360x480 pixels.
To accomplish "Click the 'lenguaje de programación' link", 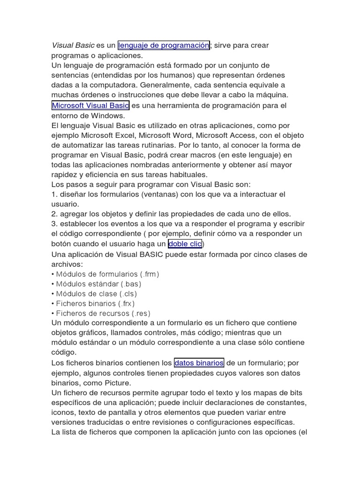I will coord(164,45).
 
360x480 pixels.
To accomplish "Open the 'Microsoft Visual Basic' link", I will coord(90,105).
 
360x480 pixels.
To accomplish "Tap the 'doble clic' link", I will coord(185,244).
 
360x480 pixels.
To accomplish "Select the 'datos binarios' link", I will coord(199,363).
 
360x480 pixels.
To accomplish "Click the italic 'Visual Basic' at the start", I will coord(73,45).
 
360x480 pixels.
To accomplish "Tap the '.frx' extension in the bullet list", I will coord(124,304).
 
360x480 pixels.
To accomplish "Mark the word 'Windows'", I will coord(109,115).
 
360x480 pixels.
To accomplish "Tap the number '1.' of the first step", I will coord(54,194).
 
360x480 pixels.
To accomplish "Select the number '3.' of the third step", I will coord(54,224).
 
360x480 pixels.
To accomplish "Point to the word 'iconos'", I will coord(64,412).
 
